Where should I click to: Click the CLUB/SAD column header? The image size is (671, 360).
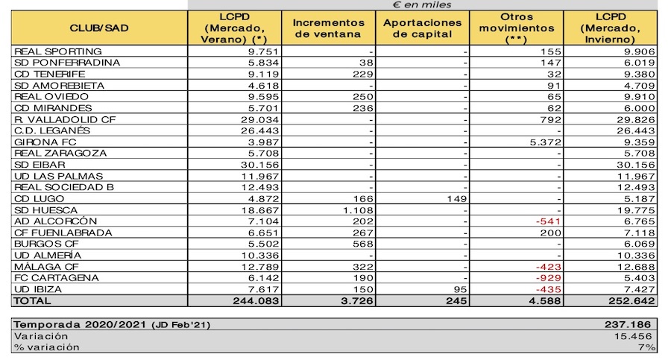(99, 28)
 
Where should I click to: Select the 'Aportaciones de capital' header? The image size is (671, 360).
(423, 28)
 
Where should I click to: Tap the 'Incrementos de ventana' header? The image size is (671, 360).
(328, 28)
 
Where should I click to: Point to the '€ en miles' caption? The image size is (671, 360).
(422, 4)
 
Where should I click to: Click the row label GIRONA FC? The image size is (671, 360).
(45, 142)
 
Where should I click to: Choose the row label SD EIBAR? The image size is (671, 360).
(40, 165)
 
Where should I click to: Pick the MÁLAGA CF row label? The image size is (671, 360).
(47, 267)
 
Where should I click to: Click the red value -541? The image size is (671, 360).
(548, 221)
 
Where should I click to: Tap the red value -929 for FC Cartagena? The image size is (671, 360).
(548, 278)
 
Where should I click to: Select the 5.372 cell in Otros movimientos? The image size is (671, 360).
(545, 142)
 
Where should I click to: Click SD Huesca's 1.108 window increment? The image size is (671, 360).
(358, 210)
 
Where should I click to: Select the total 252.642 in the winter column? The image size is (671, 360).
(631, 301)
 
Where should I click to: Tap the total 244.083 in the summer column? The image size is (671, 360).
(256, 301)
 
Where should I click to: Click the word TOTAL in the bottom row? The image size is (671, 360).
(33, 301)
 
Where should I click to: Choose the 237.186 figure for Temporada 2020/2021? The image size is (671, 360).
(628, 324)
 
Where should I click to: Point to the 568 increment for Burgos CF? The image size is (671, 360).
(363, 244)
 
